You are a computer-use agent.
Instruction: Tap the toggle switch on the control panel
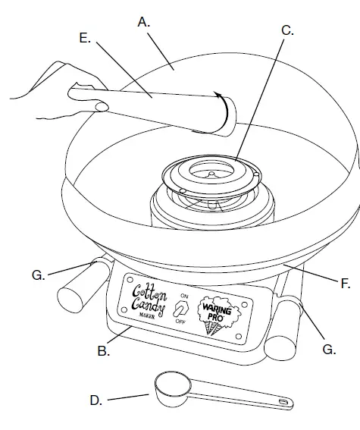(180, 309)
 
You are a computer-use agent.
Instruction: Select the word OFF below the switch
(180, 322)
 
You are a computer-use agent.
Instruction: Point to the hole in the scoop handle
(282, 400)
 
